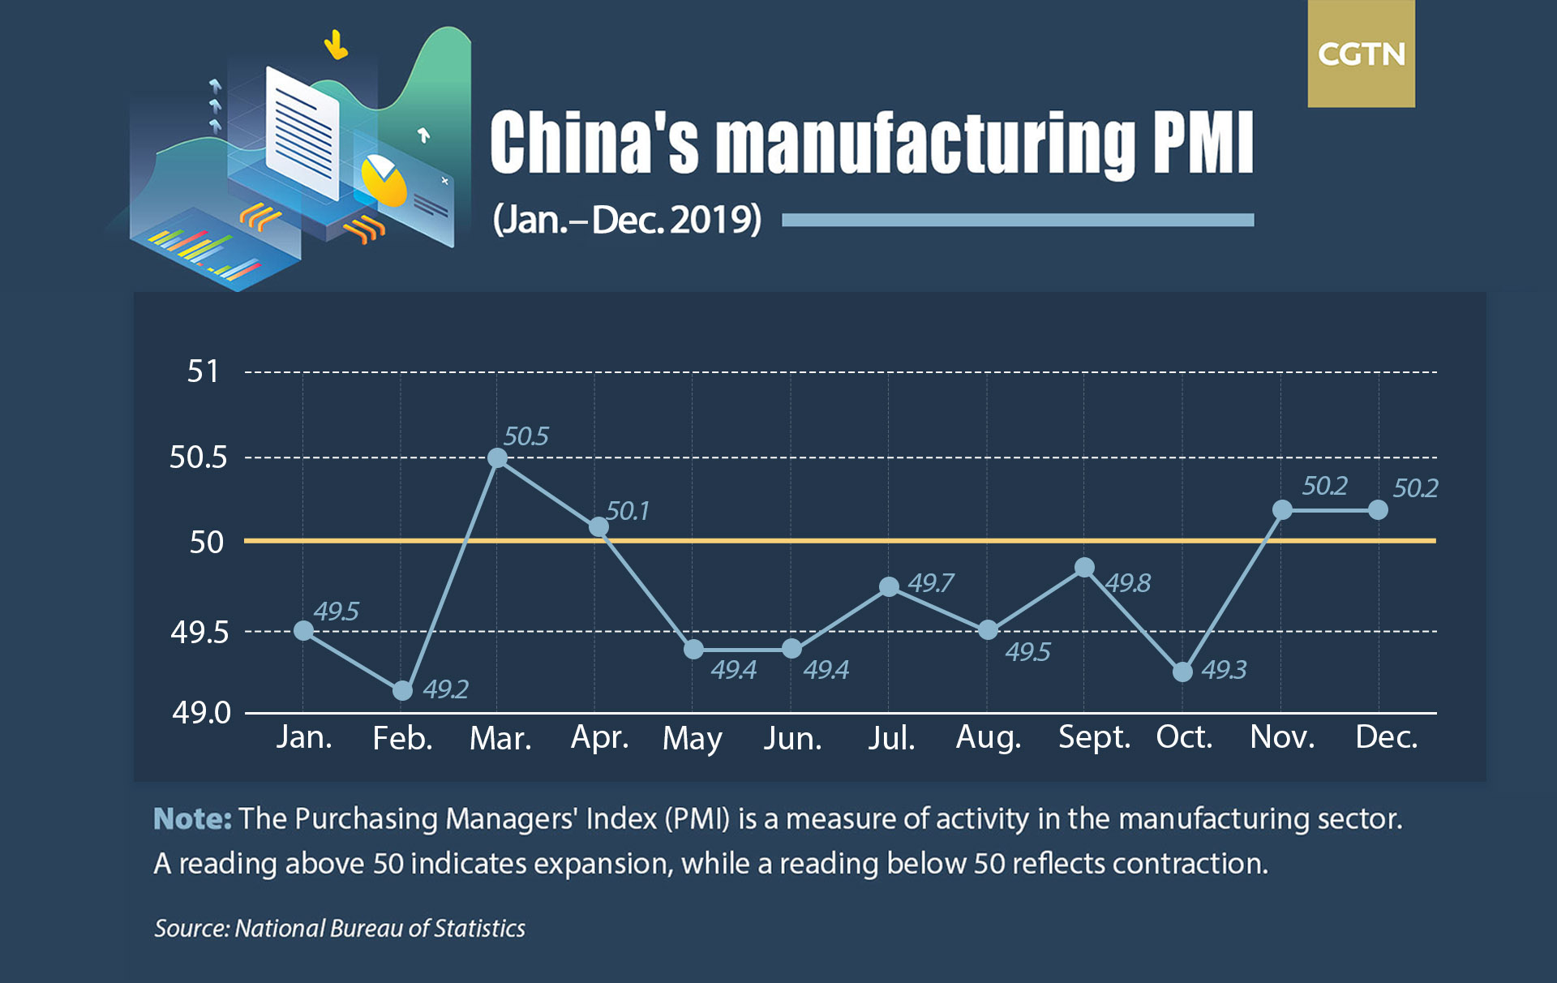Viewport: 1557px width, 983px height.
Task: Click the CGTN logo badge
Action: pyautogui.click(x=1361, y=54)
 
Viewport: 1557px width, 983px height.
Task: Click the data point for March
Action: pyautogui.click(x=498, y=458)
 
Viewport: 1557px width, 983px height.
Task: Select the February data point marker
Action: pyautogui.click(x=402, y=691)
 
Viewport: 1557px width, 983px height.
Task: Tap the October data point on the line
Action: pyautogui.click(x=1182, y=672)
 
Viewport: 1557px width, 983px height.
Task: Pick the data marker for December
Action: pyautogui.click(x=1378, y=510)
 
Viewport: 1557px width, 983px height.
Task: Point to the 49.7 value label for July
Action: pyautogui.click(x=930, y=583)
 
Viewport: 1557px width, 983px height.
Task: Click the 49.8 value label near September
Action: pyautogui.click(x=1127, y=583)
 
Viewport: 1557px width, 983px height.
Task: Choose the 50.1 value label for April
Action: pyautogui.click(x=628, y=511)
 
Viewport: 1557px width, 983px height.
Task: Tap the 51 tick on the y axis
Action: pyautogui.click(x=203, y=371)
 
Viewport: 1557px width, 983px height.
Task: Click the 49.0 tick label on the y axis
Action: pyautogui.click(x=201, y=713)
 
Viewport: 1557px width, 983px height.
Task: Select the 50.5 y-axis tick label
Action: pyautogui.click(x=198, y=457)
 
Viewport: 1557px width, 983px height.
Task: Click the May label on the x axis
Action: pyautogui.click(x=692, y=738)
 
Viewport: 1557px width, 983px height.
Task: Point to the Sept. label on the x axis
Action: pyautogui.click(x=1094, y=737)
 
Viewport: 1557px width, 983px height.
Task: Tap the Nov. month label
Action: pyautogui.click(x=1282, y=737)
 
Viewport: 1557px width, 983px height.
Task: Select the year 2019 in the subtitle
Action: pyautogui.click(x=712, y=220)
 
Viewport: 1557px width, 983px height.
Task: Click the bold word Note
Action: pyautogui.click(x=192, y=819)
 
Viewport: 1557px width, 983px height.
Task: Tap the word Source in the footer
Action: pyautogui.click(x=191, y=929)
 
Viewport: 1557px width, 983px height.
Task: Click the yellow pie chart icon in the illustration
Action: pyautogui.click(x=383, y=180)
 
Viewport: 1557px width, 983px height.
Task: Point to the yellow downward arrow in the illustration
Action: pyautogui.click(x=336, y=45)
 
